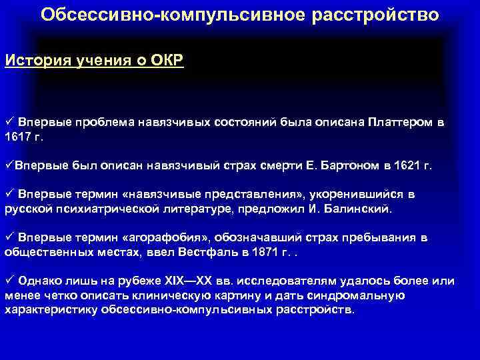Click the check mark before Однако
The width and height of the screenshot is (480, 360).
(x=9, y=281)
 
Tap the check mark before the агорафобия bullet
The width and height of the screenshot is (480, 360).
(x=9, y=238)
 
